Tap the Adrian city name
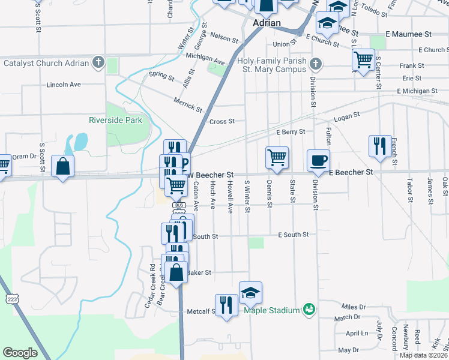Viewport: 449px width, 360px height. point(267,23)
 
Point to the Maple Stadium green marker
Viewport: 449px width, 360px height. point(309,310)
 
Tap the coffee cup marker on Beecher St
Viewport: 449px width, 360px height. point(318,160)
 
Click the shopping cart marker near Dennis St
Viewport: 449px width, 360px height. point(277,157)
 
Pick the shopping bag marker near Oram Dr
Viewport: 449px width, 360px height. point(63,166)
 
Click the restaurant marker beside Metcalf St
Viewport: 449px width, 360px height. point(226,305)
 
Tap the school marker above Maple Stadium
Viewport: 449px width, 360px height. point(250,292)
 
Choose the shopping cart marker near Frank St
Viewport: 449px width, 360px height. point(364,59)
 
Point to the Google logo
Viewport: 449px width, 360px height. point(20,353)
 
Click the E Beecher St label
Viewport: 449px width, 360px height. point(351,172)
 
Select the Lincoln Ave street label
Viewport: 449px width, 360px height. point(64,85)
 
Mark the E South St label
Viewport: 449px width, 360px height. point(293,235)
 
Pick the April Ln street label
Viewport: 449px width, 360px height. point(357,334)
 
